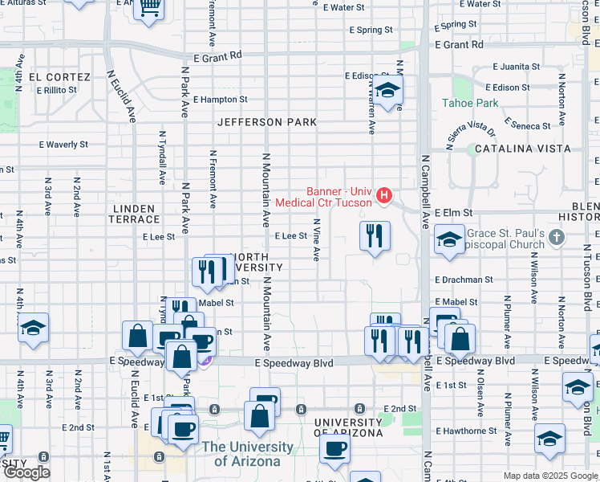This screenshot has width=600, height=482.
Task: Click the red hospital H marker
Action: click(x=384, y=194)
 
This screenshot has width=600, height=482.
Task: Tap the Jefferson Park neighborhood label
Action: click(x=267, y=122)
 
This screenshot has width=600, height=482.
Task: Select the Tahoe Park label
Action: click(x=470, y=103)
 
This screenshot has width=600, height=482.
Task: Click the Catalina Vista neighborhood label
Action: click(x=522, y=149)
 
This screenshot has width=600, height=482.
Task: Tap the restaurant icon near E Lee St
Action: click(x=375, y=236)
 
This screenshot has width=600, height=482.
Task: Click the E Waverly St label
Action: click(x=63, y=145)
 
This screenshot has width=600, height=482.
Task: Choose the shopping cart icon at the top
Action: click(x=148, y=7)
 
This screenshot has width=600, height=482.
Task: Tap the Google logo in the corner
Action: click(x=26, y=472)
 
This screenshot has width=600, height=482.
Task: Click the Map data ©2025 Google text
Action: click(x=550, y=476)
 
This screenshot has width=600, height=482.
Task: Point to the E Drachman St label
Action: click(x=464, y=280)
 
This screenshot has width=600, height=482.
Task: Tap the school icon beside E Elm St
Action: click(x=449, y=239)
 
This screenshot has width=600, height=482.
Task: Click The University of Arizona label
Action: click(x=247, y=454)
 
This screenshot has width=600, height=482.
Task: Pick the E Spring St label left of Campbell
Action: click(x=371, y=30)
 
